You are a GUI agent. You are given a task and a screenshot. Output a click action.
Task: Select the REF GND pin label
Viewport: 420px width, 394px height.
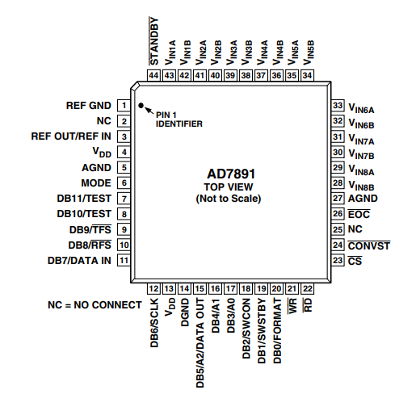click(88, 106)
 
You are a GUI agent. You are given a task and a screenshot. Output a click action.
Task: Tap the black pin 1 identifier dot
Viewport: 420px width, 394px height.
click(141, 106)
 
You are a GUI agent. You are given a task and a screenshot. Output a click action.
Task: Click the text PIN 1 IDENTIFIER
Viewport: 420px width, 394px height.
click(178, 119)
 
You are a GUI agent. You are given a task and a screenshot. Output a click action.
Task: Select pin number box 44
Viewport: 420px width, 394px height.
click(153, 75)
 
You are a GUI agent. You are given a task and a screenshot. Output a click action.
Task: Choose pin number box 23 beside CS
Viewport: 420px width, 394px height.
click(338, 261)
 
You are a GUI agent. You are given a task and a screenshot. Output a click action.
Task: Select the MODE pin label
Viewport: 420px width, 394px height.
click(96, 183)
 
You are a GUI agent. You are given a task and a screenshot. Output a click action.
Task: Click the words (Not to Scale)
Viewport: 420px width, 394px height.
click(228, 198)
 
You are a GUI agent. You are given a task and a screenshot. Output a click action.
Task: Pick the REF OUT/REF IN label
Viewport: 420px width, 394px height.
click(71, 136)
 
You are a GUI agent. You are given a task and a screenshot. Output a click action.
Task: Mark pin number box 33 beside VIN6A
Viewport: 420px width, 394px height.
click(338, 106)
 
